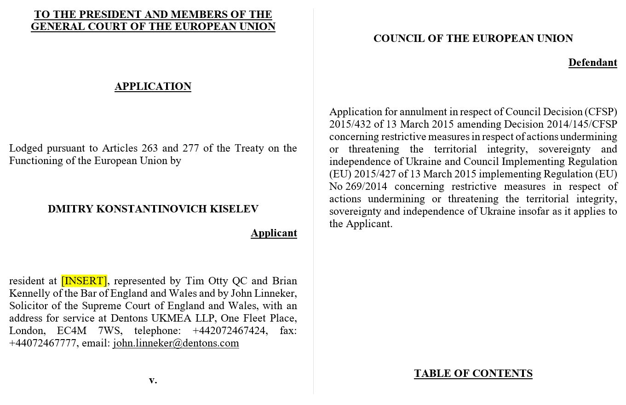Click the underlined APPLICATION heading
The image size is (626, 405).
[153, 86]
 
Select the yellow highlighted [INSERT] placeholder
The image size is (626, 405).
[84, 281]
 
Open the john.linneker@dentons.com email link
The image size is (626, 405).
[176, 343]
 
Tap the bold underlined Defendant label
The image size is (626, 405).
[592, 62]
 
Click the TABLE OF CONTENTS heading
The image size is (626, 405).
[473, 373]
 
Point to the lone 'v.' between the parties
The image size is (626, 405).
[153, 380]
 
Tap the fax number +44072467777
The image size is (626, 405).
[42, 343]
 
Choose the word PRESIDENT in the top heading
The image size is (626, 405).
[102, 14]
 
